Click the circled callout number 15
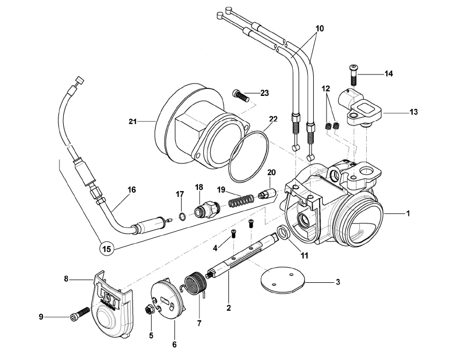click(x=107, y=249)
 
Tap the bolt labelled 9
click(x=79, y=314)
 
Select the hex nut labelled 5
click(x=150, y=309)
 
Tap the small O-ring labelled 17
click(x=182, y=216)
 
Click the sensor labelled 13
click(x=358, y=108)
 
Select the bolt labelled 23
click(x=241, y=97)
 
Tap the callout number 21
click(x=132, y=122)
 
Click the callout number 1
click(x=408, y=214)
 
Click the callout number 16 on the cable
click(x=131, y=190)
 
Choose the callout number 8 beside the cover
click(x=66, y=279)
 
